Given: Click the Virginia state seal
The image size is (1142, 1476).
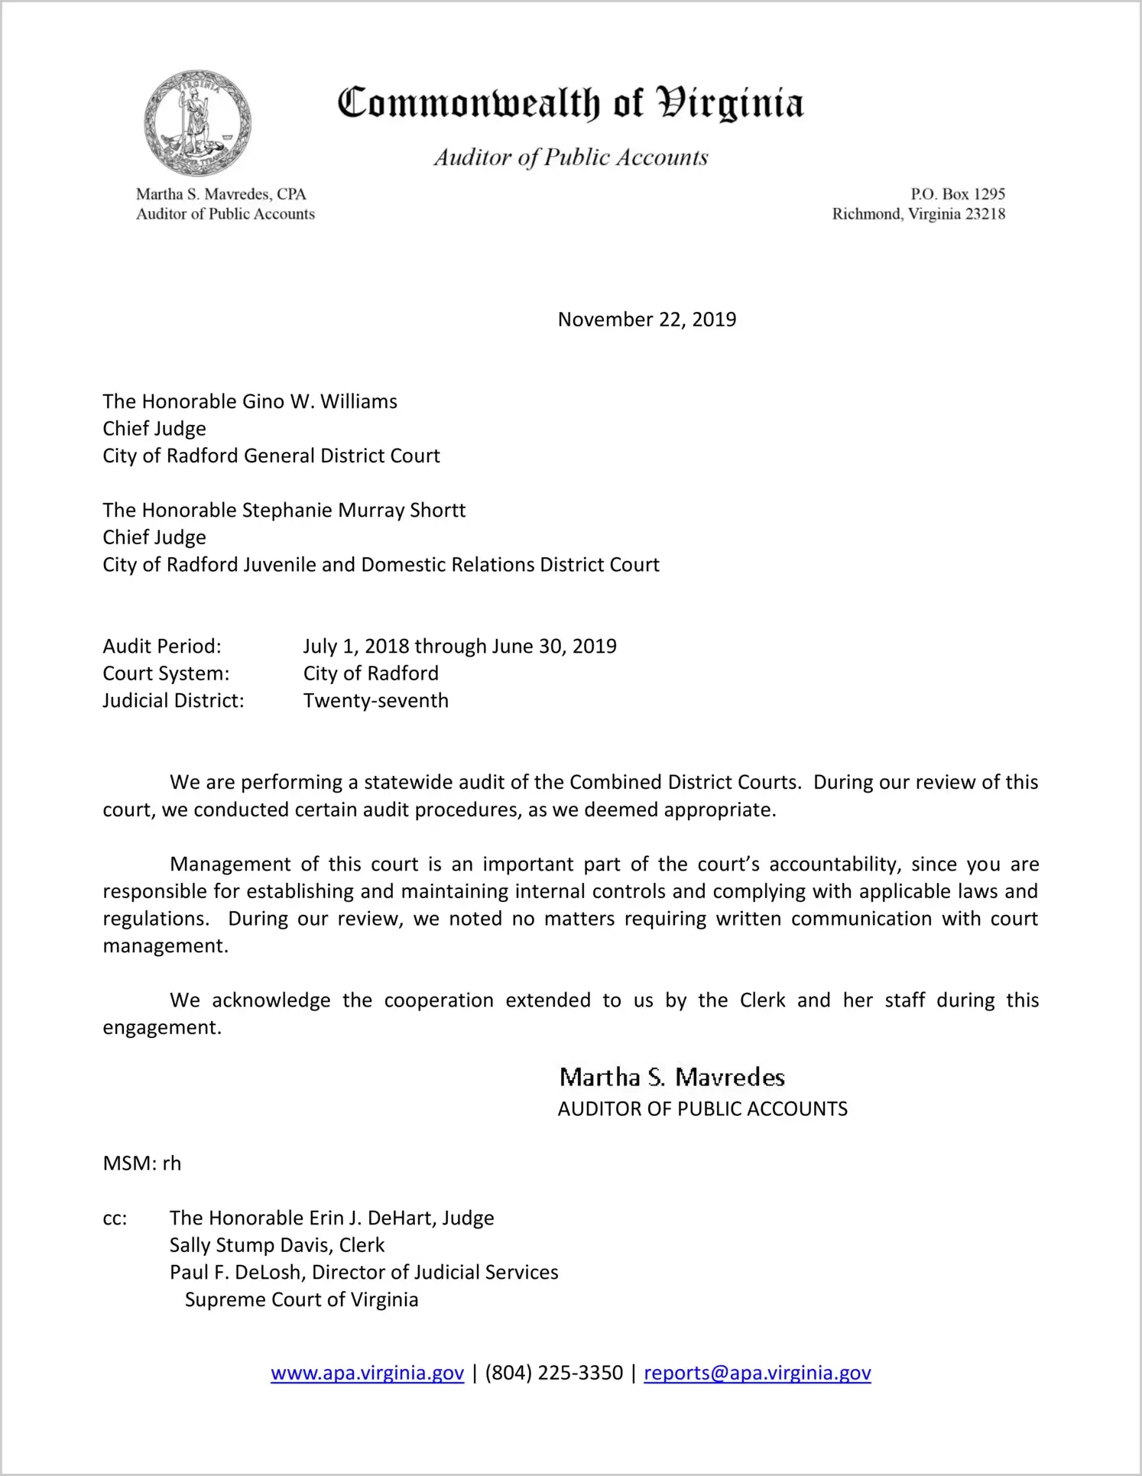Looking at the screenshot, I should coord(198,123).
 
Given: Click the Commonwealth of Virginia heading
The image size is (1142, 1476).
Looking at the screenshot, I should coord(570,103).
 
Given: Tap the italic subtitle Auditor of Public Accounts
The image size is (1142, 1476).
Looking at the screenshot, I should coord(571,157).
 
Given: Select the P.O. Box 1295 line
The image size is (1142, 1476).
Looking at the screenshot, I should coord(957,194).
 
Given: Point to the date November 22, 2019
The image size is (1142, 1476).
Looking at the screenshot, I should coord(647,320).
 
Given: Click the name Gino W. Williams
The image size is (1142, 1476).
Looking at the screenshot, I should coord(320,402).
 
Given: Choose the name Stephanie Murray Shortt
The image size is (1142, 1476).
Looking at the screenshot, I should coord(353,511).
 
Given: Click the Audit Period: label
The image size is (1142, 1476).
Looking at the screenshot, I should coord(162,647).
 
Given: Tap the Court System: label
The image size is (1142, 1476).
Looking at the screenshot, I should coord(166,674).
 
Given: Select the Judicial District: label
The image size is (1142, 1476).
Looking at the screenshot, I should coord(174,701).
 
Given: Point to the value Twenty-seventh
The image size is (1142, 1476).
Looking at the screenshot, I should coord(375,701).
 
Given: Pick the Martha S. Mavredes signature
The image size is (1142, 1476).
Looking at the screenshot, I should coord(672,1078).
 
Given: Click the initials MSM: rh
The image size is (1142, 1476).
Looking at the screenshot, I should coord(142,1164).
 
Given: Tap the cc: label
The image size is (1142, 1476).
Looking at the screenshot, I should coord(115,1218).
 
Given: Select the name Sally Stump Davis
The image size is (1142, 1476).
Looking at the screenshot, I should coord(251,1246).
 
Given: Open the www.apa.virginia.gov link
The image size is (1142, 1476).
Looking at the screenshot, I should coord(367,1374).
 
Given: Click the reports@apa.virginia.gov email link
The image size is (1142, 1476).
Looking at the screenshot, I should coord(757,1374).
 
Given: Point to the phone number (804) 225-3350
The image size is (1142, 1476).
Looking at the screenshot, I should coord(553,1374).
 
